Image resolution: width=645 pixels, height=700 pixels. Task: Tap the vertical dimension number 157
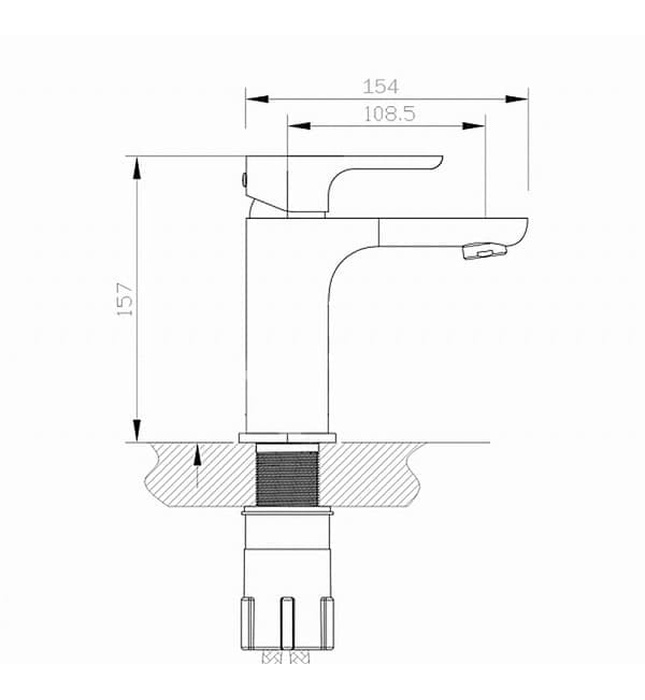click(125, 299)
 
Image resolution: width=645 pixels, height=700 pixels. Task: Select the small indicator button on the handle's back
click(243, 181)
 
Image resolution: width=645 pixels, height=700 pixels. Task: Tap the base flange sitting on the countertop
click(287, 437)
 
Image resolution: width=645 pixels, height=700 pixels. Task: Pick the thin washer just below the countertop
click(287, 513)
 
